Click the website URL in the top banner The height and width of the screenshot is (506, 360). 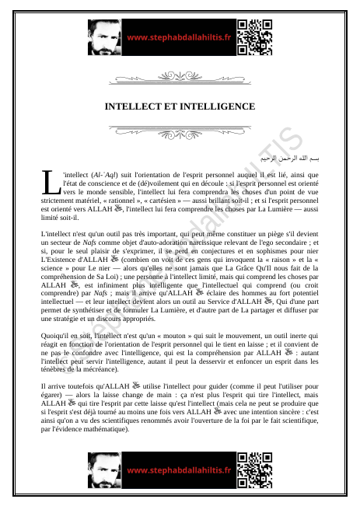coord(179,37)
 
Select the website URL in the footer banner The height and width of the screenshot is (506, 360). coord(179,470)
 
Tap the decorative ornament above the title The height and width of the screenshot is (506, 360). coord(180,77)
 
